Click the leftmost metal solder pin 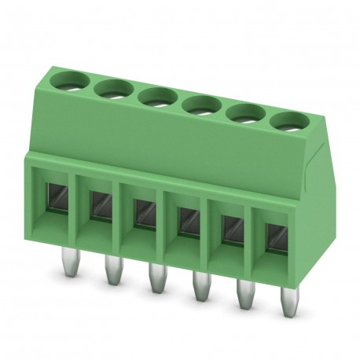66,271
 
